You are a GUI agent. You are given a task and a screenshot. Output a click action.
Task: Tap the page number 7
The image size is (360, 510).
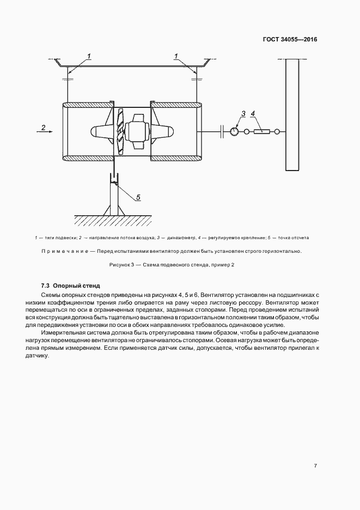point(315,466)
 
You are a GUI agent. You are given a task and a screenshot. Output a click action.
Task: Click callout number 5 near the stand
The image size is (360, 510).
point(138,197)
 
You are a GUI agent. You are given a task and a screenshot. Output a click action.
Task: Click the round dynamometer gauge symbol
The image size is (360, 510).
point(235,131)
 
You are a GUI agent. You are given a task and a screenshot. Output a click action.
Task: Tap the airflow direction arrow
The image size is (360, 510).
point(46,131)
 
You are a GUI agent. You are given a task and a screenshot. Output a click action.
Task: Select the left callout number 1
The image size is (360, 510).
point(89,56)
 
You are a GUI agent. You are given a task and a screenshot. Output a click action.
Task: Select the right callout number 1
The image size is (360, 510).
point(176,56)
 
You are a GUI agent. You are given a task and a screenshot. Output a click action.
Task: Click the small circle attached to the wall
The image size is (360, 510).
point(277,131)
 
